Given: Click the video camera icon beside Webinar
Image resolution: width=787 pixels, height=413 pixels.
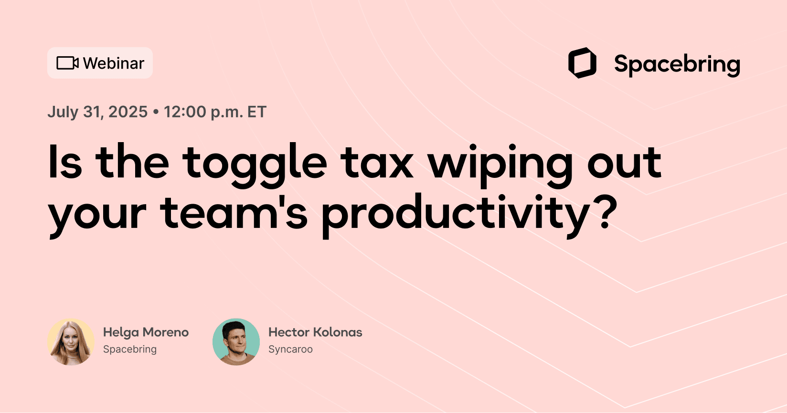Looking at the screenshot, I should pyautogui.click(x=67, y=63).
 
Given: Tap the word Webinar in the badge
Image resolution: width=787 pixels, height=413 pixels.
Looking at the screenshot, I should pyautogui.click(x=114, y=63).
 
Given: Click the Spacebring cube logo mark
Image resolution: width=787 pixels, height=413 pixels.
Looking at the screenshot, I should pyautogui.click(x=582, y=63).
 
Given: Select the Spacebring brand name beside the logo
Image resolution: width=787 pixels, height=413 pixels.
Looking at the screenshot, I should pyautogui.click(x=677, y=64).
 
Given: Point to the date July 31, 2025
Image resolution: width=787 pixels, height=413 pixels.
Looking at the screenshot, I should pyautogui.click(x=97, y=112).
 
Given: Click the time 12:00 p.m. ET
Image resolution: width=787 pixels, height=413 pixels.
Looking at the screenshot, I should pyautogui.click(x=215, y=112).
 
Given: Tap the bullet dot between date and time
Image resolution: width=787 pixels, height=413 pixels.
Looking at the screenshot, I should pyautogui.click(x=156, y=112).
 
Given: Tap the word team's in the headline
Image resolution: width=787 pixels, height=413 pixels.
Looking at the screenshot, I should pyautogui.click(x=234, y=213).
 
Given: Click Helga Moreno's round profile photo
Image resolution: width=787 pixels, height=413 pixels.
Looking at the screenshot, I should pyautogui.click(x=71, y=342).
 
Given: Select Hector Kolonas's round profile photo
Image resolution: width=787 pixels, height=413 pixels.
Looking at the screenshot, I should pyautogui.click(x=236, y=342).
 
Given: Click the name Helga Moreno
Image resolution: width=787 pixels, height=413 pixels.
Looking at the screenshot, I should pyautogui.click(x=146, y=332).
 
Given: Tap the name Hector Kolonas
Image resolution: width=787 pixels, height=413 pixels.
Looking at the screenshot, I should pyautogui.click(x=315, y=332).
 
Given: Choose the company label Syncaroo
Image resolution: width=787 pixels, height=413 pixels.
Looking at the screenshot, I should pyautogui.click(x=290, y=349).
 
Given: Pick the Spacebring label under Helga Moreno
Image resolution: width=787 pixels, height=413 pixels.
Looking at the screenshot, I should pyautogui.click(x=130, y=349).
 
